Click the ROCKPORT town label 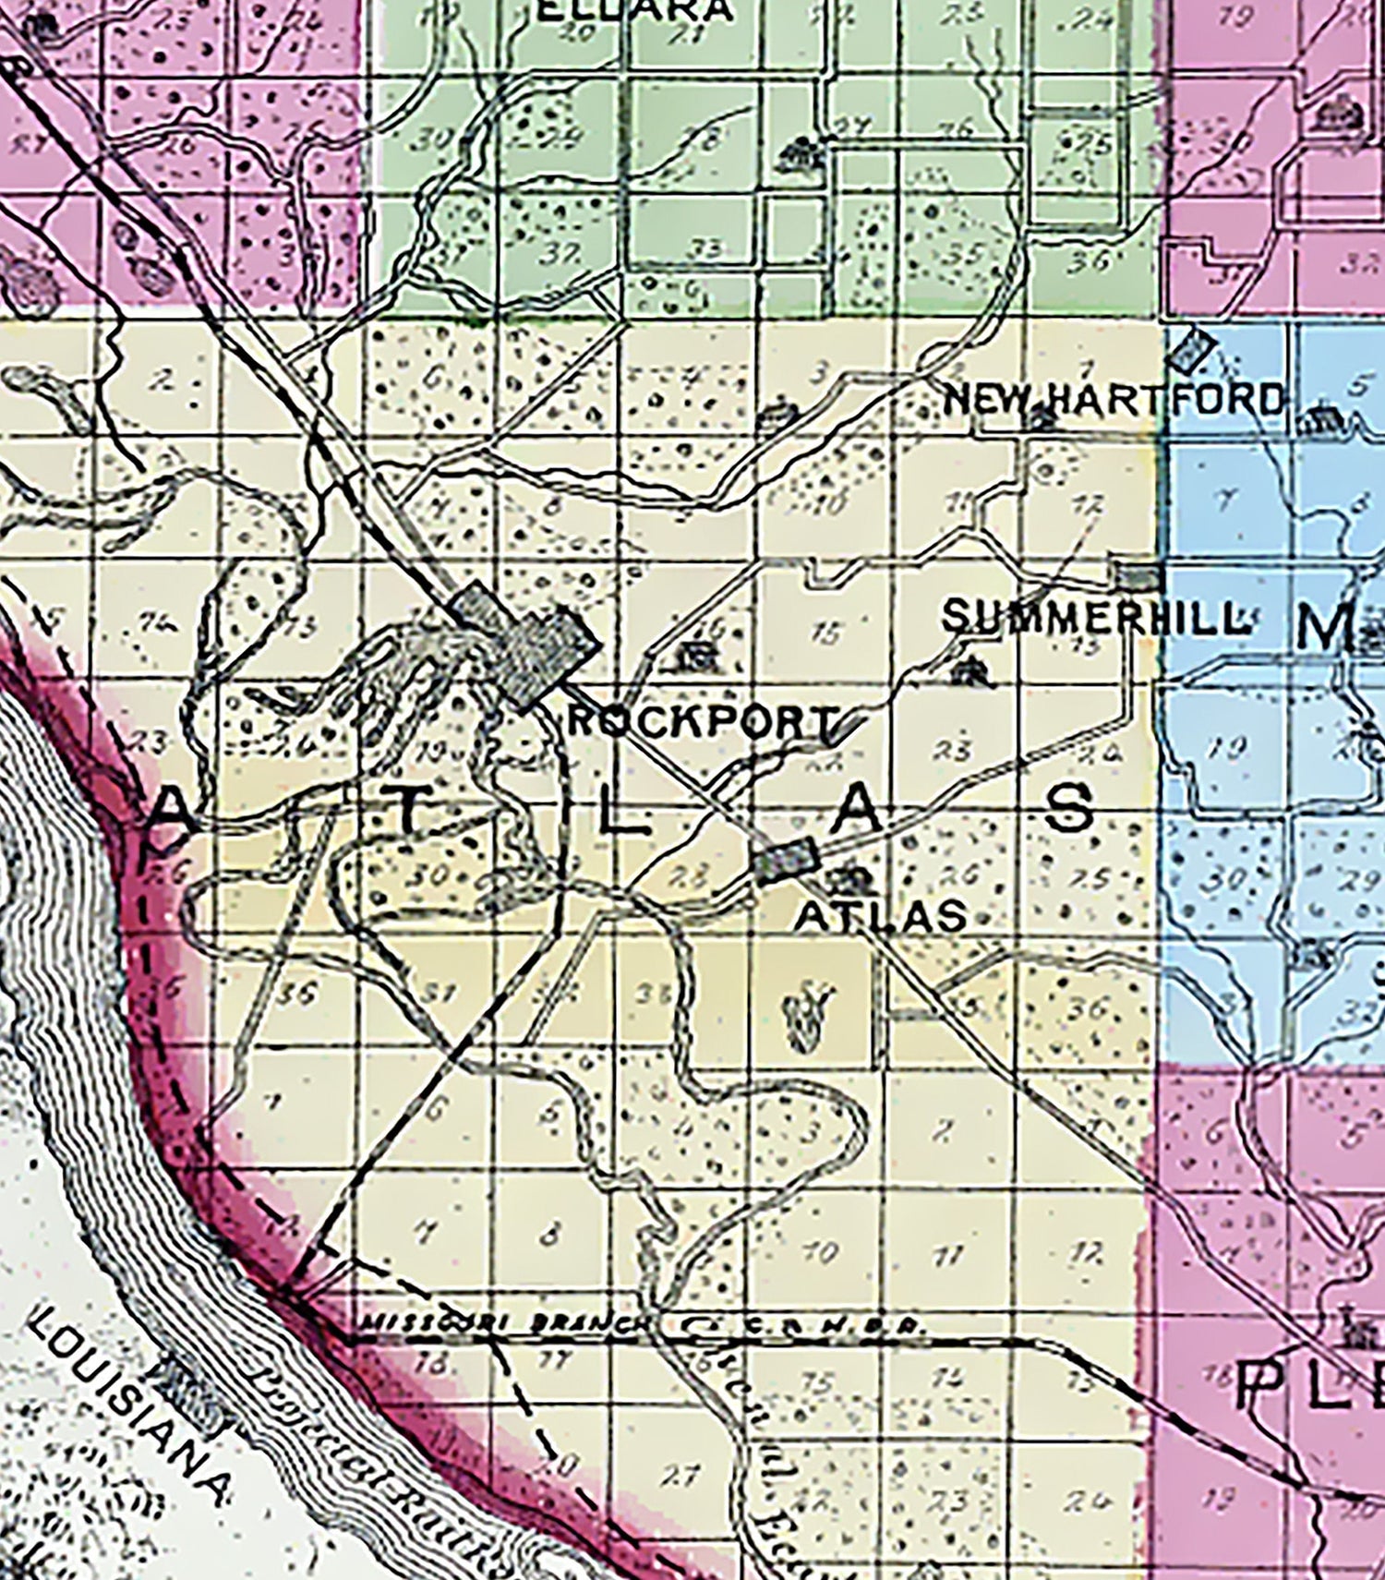(702, 721)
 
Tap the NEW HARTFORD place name (1114, 400)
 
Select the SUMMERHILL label (1096, 617)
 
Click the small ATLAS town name (880, 916)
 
